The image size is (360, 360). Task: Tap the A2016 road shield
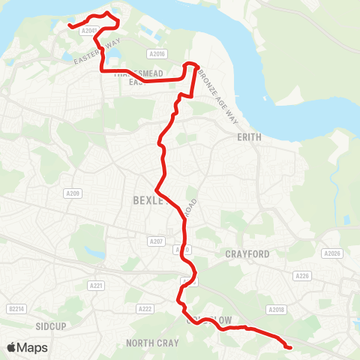(157, 53)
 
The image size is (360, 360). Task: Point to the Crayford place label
(247, 254)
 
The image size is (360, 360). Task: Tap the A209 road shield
(72, 193)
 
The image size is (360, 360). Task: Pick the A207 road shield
(155, 241)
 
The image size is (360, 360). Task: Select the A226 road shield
(302, 276)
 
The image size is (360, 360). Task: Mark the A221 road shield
(95, 286)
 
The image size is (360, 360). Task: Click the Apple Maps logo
(26, 347)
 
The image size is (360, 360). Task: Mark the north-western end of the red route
(70, 25)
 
